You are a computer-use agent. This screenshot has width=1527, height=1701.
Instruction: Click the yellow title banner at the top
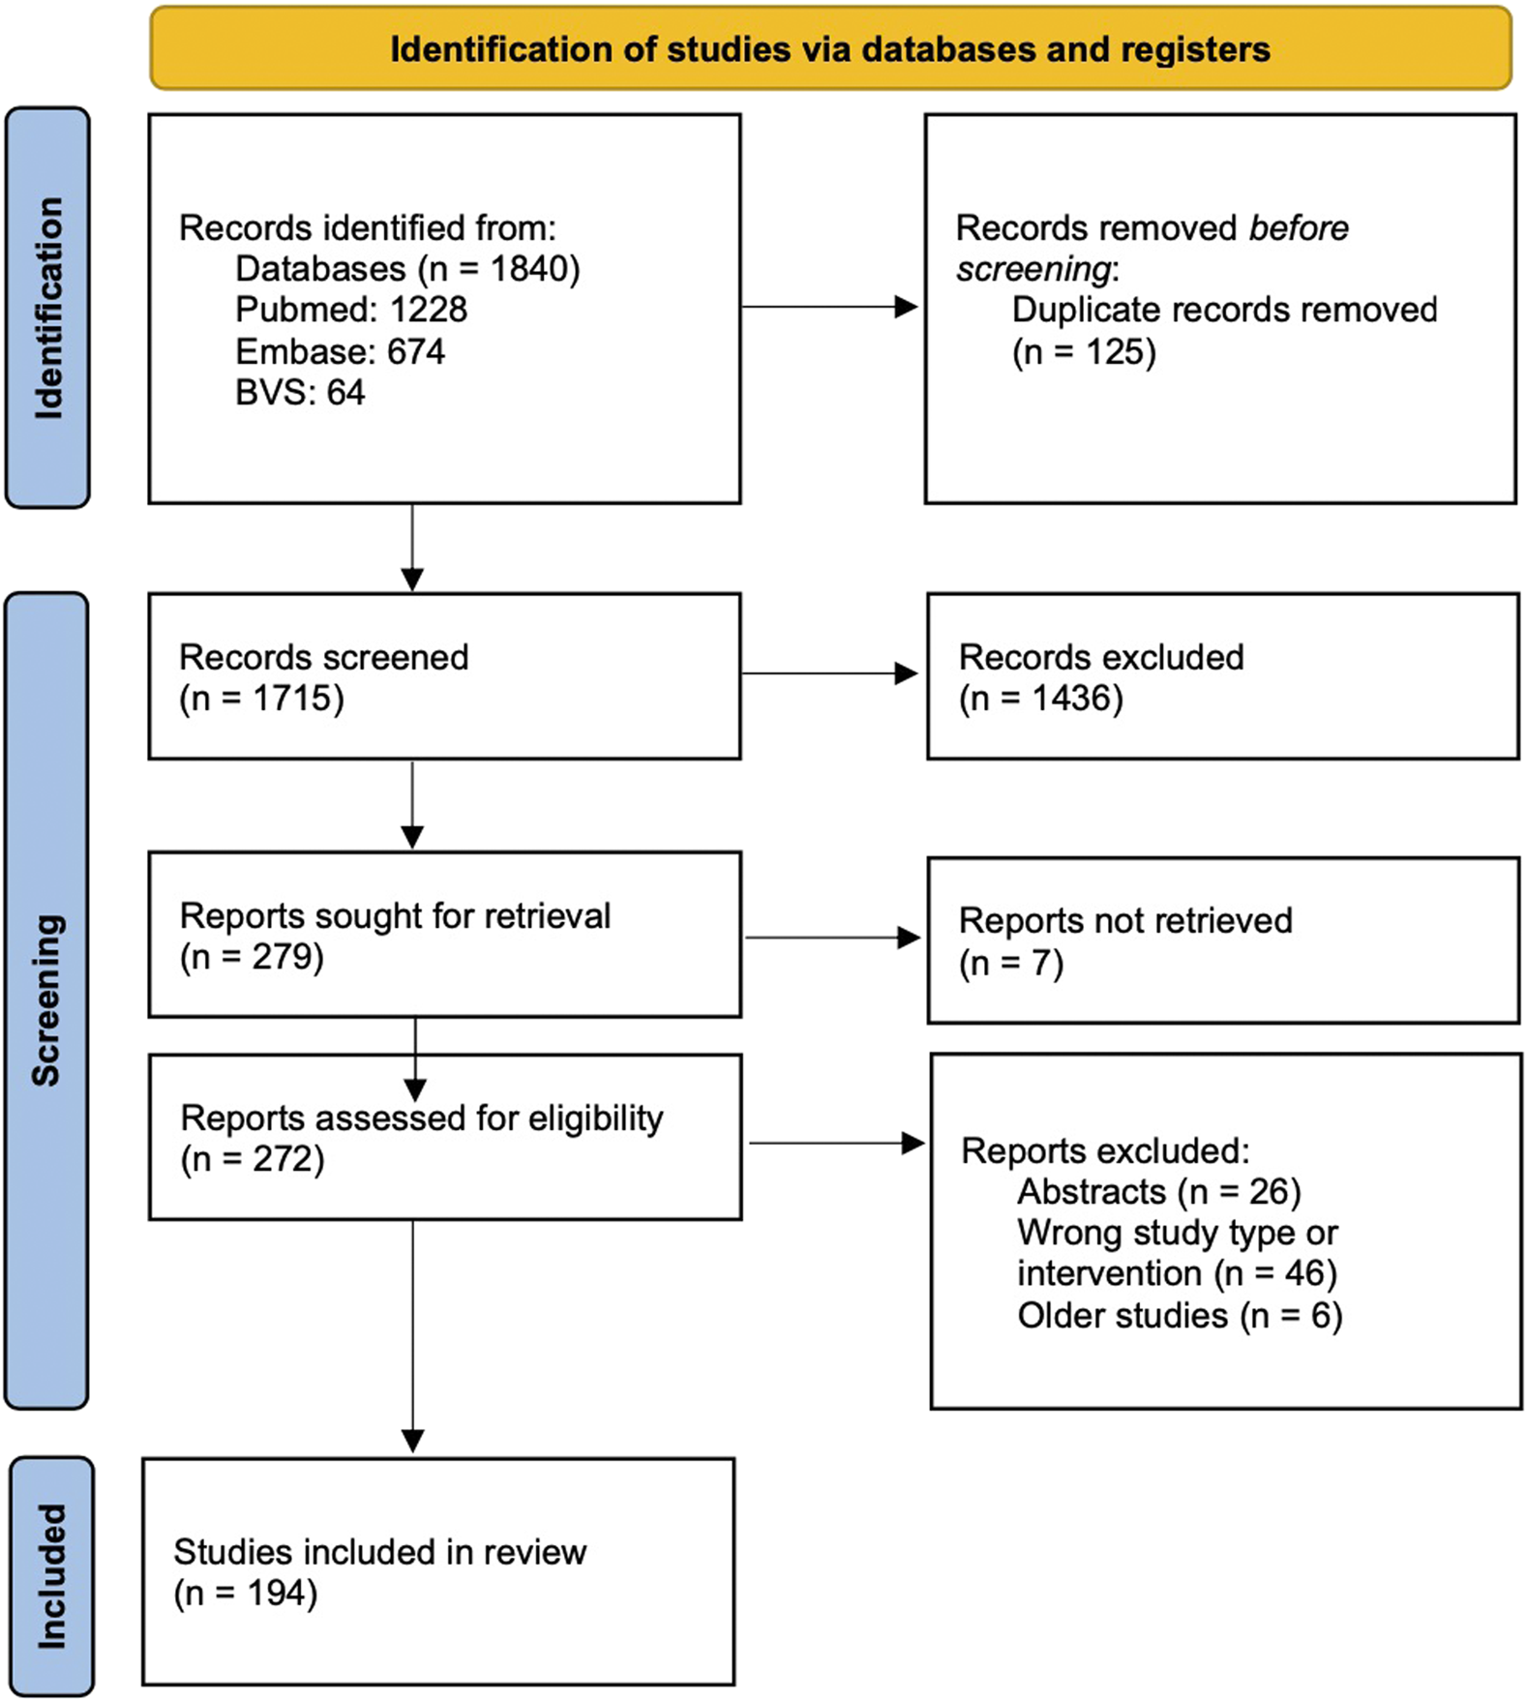[829, 48]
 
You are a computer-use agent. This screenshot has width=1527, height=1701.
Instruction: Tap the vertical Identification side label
[47, 308]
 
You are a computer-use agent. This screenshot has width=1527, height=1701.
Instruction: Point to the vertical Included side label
[51, 1576]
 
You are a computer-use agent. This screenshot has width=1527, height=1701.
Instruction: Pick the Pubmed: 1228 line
[351, 310]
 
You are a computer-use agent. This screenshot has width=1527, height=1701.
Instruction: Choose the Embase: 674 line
[340, 351]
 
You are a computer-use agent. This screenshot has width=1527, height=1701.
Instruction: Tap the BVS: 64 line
[300, 393]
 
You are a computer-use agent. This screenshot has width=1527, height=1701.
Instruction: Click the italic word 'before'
[1298, 228]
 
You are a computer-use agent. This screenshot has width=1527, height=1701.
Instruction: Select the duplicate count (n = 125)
[1084, 352]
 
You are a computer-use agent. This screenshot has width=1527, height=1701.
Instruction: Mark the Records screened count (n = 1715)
[261, 699]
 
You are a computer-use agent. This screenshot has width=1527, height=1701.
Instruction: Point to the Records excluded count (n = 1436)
[1040, 699]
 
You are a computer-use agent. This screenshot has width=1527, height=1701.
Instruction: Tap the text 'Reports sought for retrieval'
[395, 915]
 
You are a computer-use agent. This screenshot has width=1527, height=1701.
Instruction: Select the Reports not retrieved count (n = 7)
[1010, 964]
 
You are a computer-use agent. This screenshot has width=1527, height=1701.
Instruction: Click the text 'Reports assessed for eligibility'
[422, 1118]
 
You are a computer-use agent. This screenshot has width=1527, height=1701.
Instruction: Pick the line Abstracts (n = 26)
[1158, 1191]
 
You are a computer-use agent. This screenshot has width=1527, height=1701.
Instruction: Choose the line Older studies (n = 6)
[1179, 1316]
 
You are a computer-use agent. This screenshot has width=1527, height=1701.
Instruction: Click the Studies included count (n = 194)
[245, 1593]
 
